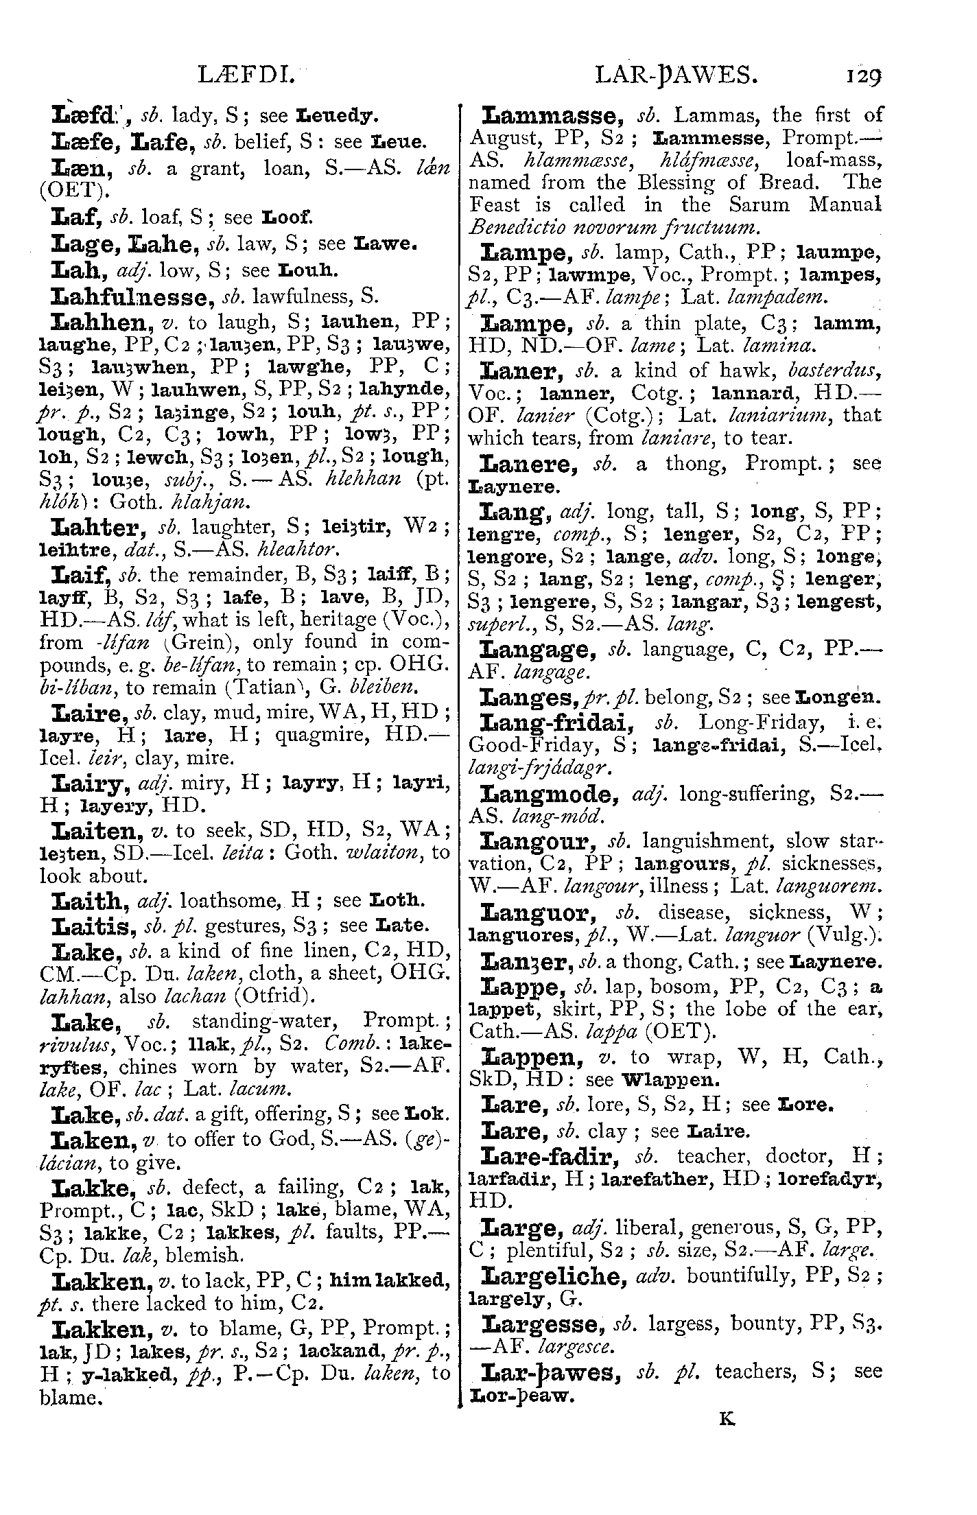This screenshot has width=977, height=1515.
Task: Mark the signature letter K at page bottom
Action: pos(727,1418)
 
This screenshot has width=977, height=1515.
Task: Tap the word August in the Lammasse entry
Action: pos(503,138)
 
